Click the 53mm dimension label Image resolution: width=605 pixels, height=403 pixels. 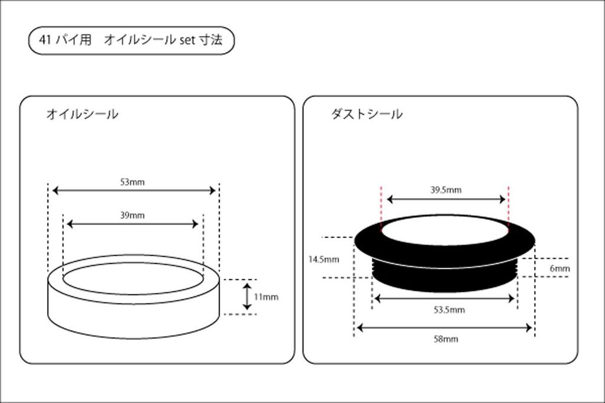[x=132, y=182]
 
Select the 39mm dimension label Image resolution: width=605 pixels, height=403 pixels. [x=132, y=215]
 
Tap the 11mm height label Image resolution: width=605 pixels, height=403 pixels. [x=265, y=297]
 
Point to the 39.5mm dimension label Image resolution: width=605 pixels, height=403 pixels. [x=445, y=190]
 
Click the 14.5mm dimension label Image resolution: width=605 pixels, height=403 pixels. [x=324, y=259]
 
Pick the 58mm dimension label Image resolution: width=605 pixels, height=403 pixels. [x=445, y=339]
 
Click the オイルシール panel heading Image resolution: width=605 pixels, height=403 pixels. [x=82, y=114]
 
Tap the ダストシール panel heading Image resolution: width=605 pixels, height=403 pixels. [x=367, y=114]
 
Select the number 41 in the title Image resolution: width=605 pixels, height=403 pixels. [x=44, y=40]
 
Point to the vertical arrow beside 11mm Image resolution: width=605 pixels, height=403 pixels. [x=248, y=296]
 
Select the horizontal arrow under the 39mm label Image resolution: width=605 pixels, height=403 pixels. [x=133, y=224]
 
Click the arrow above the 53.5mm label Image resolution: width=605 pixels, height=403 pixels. [x=445, y=298]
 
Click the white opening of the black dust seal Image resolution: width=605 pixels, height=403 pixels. [x=444, y=229]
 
